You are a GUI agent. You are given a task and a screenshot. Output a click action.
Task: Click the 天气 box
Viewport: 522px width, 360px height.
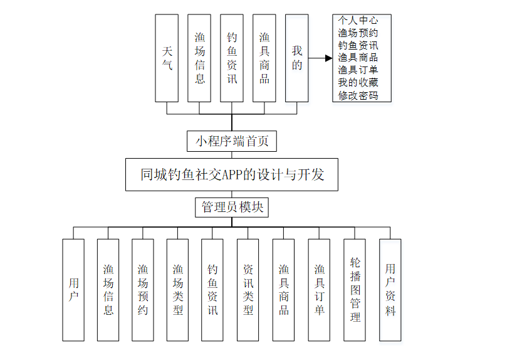(x=167, y=58)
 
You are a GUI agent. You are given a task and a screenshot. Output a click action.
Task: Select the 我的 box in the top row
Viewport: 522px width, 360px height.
(x=296, y=58)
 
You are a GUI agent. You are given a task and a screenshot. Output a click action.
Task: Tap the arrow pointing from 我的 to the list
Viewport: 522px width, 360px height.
(x=320, y=58)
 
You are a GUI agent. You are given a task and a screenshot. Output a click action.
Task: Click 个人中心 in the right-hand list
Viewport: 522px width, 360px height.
(x=358, y=20)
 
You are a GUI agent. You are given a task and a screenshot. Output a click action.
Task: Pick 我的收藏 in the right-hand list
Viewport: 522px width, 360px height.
(x=358, y=82)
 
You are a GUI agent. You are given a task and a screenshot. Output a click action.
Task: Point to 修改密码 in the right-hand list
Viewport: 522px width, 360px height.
(x=358, y=95)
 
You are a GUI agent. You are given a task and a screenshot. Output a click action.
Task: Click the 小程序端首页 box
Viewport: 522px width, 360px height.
(x=231, y=141)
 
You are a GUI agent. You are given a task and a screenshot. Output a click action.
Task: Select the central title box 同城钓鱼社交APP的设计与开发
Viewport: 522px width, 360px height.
(x=232, y=174)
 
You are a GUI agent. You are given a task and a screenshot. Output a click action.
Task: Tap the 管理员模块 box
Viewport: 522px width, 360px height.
(x=232, y=207)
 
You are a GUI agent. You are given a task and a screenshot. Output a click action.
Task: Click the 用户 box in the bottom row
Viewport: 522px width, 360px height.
(x=73, y=290)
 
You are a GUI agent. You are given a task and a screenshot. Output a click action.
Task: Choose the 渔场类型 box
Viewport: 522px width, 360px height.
(x=178, y=290)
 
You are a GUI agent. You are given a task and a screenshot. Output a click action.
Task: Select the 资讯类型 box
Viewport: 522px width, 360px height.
(x=248, y=290)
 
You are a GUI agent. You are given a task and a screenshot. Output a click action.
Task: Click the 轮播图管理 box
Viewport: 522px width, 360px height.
(x=355, y=290)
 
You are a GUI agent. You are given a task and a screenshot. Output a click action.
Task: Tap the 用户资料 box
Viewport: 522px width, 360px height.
(x=390, y=290)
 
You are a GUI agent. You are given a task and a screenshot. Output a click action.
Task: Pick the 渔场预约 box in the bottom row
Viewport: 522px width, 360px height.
(x=143, y=290)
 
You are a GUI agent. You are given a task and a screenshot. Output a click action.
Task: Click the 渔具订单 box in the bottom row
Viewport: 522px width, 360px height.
(x=319, y=290)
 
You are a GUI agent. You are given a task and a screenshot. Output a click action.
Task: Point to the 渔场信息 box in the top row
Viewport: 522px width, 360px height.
(x=199, y=58)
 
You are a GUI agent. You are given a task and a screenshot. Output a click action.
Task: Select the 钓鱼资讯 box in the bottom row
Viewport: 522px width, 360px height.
(x=212, y=290)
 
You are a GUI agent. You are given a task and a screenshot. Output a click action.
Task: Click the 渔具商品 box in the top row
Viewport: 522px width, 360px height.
(x=264, y=58)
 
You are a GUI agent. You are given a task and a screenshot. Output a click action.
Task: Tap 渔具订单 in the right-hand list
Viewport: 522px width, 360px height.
(x=358, y=70)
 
